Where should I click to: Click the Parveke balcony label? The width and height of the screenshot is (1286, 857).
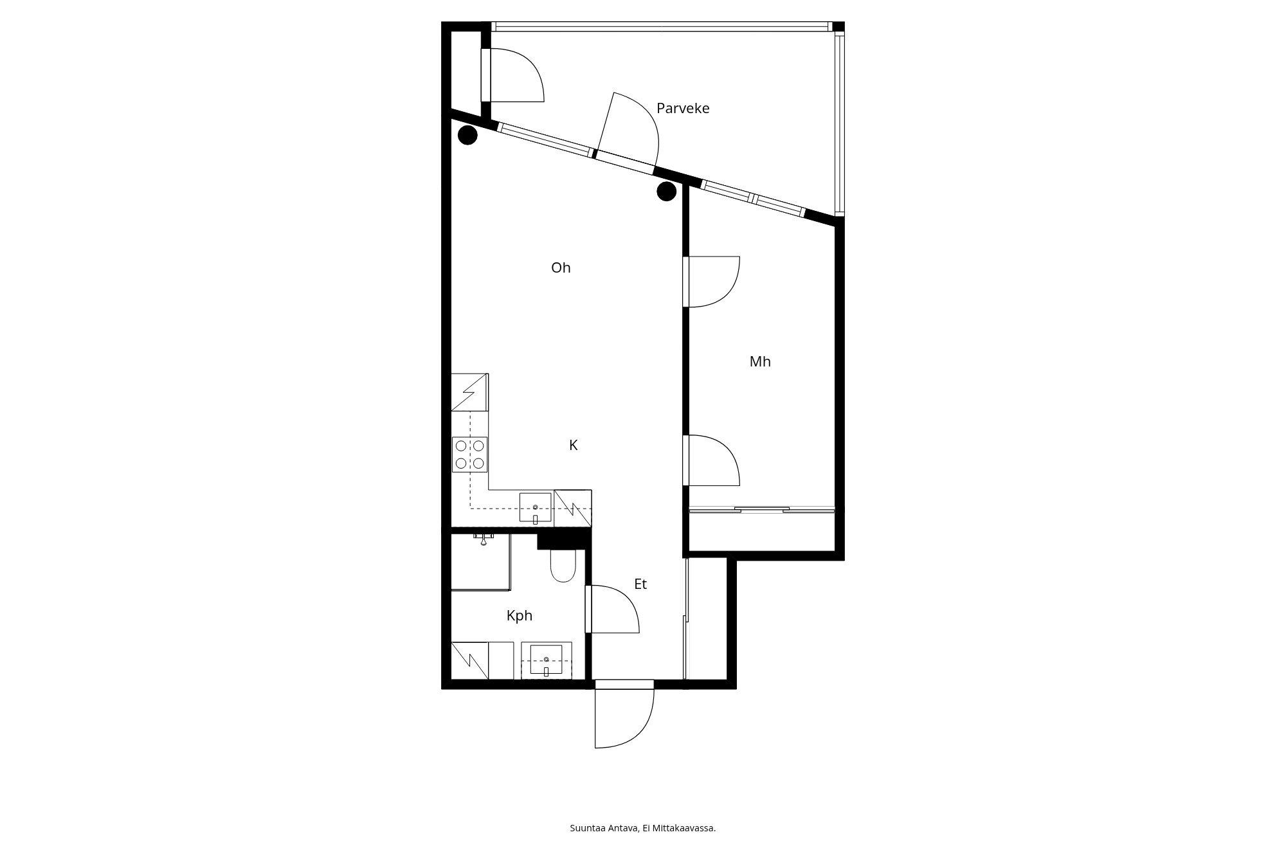click(683, 108)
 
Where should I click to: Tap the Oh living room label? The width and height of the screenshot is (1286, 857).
click(561, 267)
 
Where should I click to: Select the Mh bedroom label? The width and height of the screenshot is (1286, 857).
click(760, 361)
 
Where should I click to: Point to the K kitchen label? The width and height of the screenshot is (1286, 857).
click(574, 445)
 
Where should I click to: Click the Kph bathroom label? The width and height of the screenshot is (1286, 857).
click(520, 616)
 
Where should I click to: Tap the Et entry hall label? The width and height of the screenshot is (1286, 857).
click(640, 584)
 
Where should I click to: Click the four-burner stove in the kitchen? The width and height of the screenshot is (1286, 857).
click(470, 455)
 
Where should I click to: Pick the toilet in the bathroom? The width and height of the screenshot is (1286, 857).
click(563, 565)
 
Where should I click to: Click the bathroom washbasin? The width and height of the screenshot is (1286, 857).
click(546, 660)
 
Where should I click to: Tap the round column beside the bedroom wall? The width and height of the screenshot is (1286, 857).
click(666, 191)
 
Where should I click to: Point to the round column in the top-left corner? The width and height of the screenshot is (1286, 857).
click(467, 135)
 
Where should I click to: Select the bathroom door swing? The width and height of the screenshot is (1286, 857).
click(612, 609)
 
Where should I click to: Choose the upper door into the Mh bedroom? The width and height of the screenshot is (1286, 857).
click(712, 282)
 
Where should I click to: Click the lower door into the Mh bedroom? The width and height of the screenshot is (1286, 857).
click(712, 460)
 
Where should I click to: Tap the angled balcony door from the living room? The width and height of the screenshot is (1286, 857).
click(628, 132)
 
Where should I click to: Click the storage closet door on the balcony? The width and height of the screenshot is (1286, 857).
click(513, 75)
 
